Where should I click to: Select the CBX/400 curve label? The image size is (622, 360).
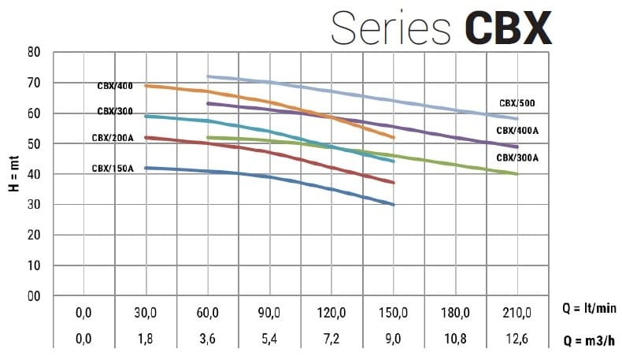pyautogui.click(x=116, y=86)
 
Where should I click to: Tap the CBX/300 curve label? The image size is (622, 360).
pyautogui.click(x=116, y=111)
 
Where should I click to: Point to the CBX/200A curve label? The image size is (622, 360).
pyautogui.click(x=113, y=139)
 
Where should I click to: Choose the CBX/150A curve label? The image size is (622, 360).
pyautogui.click(x=113, y=168)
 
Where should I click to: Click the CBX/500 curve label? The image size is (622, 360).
pyautogui.click(x=517, y=103)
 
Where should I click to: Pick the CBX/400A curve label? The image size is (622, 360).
pyautogui.click(x=517, y=130)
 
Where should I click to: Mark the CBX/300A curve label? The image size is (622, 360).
pyautogui.click(x=517, y=158)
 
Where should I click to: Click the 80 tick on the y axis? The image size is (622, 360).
pyautogui.click(x=33, y=53)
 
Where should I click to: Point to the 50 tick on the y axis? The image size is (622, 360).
pyautogui.click(x=33, y=144)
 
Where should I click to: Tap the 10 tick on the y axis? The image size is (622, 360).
pyautogui.click(x=33, y=265)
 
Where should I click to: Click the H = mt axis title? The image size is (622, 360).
pyautogui.click(x=13, y=175)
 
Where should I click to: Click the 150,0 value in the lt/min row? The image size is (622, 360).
pyautogui.click(x=393, y=313)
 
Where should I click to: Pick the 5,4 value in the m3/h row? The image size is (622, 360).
pyautogui.click(x=269, y=340)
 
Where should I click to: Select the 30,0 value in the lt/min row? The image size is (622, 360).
pyautogui.click(x=146, y=313)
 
